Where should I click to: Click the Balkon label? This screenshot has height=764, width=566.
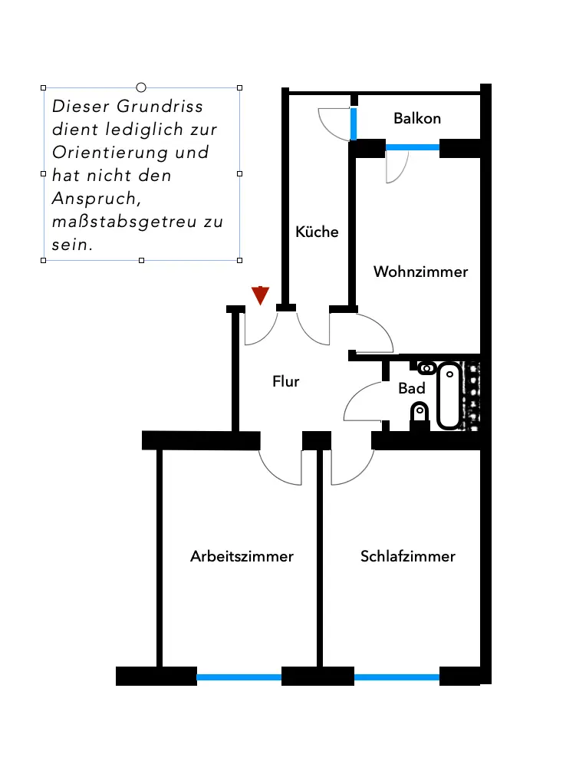click(417, 118)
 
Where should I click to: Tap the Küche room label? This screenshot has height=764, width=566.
click(317, 231)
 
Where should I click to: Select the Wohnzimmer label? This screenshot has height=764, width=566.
click(420, 272)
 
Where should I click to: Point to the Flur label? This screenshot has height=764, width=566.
click(285, 380)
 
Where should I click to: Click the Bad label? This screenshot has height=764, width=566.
click(411, 389)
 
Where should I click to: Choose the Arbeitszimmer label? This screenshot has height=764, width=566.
click(242, 556)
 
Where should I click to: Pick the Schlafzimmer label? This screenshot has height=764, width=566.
click(408, 556)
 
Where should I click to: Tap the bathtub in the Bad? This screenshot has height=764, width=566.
click(449, 396)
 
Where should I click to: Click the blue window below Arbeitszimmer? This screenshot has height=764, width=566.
click(239, 677)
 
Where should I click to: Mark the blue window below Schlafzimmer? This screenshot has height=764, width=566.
click(397, 677)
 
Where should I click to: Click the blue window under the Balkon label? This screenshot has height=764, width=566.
click(412, 146)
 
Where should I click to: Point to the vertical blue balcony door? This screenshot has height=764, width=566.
click(354, 124)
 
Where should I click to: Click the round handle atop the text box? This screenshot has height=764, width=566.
click(141, 87)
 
